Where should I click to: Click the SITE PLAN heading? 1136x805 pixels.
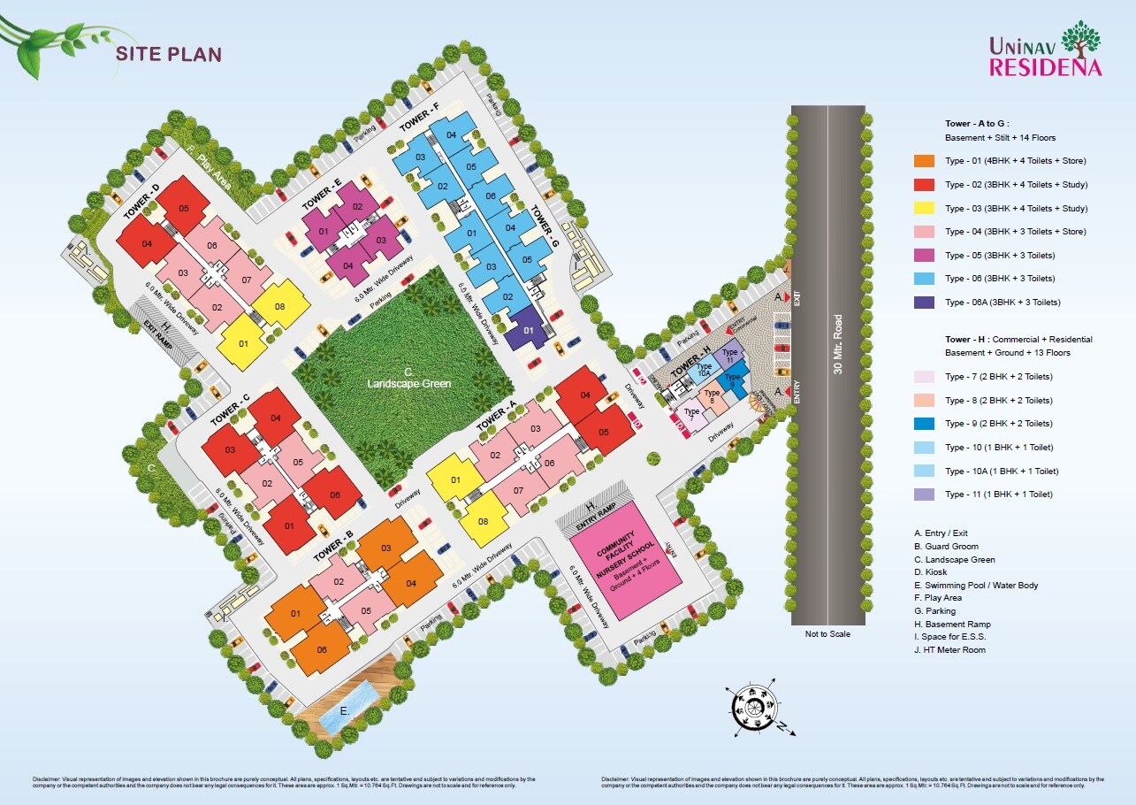pos(169,53)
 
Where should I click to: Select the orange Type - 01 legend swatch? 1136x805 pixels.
pos(924,161)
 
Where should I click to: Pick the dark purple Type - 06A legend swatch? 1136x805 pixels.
pos(924,303)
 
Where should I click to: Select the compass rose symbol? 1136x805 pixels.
pos(753,708)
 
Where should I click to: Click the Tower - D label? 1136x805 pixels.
pos(141,203)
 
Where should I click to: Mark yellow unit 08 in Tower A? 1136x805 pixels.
pos(483,521)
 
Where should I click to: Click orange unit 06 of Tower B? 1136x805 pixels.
pos(321,650)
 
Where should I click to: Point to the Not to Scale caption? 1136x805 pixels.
pos(827,633)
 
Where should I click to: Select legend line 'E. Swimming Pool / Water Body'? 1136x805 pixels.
pos(976,586)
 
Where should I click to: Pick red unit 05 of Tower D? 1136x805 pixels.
pos(184,208)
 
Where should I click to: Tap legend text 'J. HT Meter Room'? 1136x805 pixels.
pos(949,650)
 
